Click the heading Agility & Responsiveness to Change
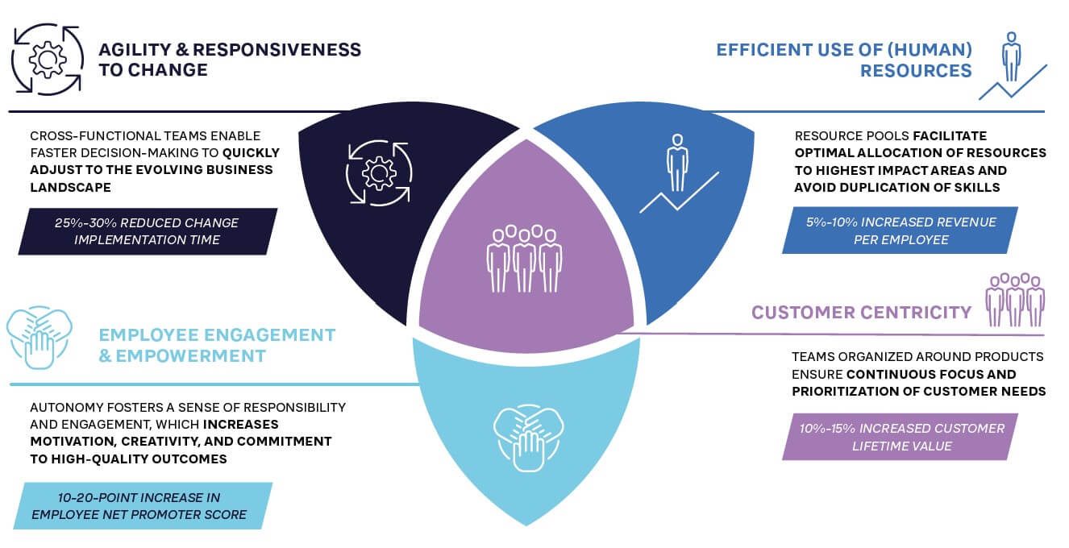(229, 59)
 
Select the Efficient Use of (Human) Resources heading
(844, 60)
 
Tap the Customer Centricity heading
(861, 312)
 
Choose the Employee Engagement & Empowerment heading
(216, 344)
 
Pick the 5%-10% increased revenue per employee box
(901, 230)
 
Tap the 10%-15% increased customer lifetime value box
(901, 437)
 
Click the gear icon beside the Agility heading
(48, 59)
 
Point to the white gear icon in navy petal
(378, 173)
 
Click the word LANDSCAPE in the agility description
(68, 187)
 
